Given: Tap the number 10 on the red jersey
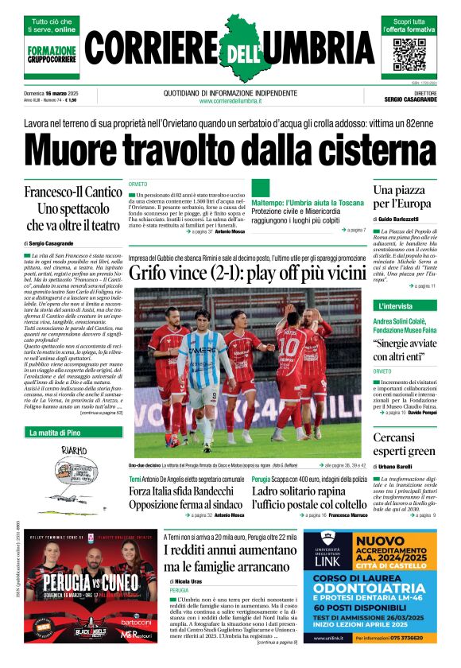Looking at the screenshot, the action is click(291, 347).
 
